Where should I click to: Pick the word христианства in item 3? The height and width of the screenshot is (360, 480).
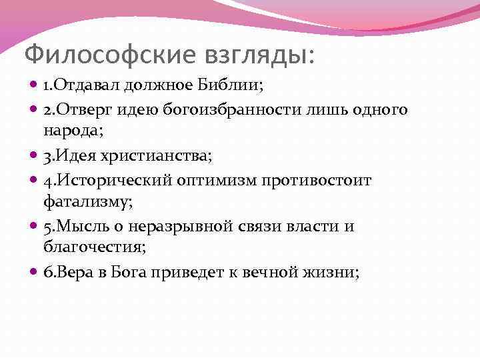[x=158, y=157]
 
